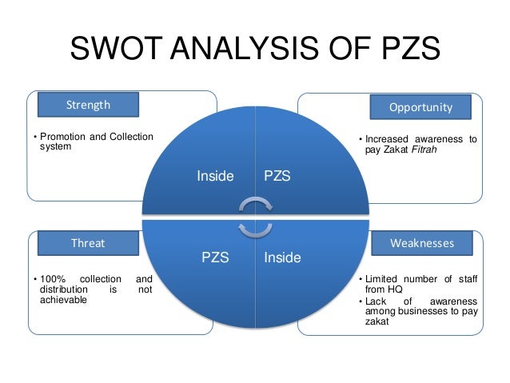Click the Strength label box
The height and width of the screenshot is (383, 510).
pyautogui.click(x=88, y=105)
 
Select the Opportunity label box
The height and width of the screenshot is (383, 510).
pyautogui.click(x=420, y=106)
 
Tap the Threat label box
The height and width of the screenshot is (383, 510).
pyautogui.click(x=88, y=242)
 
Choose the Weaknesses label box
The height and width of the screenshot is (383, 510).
pyautogui.click(x=420, y=242)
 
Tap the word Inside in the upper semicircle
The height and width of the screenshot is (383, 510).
pyautogui.click(x=216, y=175)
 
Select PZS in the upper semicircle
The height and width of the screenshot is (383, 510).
pyautogui.click(x=277, y=175)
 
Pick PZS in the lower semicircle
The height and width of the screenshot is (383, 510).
pyautogui.click(x=216, y=258)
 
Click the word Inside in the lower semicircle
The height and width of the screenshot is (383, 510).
pyautogui.click(x=282, y=258)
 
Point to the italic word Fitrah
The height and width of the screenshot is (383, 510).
pyautogui.click(x=432, y=150)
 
